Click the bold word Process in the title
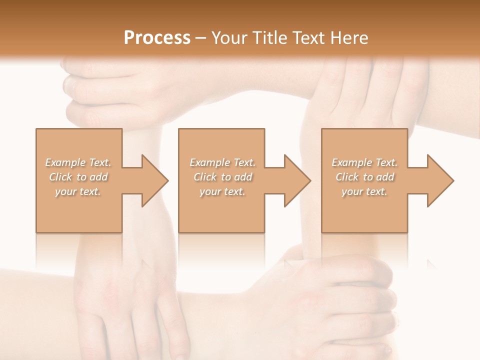157,38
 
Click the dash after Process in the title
201,38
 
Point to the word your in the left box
65,191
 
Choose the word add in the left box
99,177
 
